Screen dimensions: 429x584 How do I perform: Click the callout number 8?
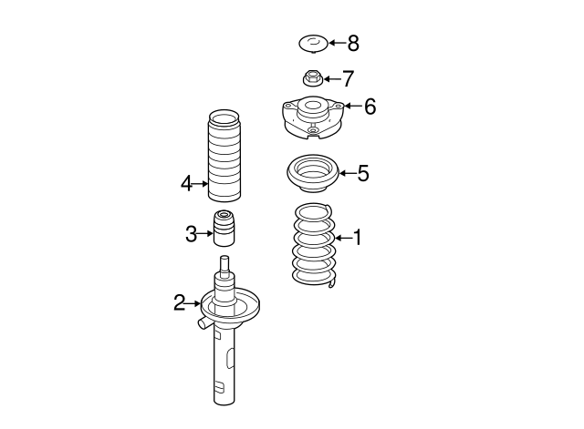[353, 43]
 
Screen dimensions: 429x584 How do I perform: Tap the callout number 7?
[347, 79]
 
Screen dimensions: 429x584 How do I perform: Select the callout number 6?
[370, 107]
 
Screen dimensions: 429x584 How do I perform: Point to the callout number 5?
[362, 173]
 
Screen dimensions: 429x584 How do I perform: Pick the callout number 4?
[186, 184]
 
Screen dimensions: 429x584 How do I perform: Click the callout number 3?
[191, 234]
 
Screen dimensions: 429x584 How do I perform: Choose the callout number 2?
[180, 302]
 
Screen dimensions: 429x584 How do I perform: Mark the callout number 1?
[357, 238]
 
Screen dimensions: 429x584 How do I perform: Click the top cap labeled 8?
[313, 43]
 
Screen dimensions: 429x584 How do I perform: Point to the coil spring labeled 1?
[312, 246]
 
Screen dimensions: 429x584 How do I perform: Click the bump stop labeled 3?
[224, 228]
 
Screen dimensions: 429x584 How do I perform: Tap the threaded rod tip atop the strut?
[224, 265]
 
